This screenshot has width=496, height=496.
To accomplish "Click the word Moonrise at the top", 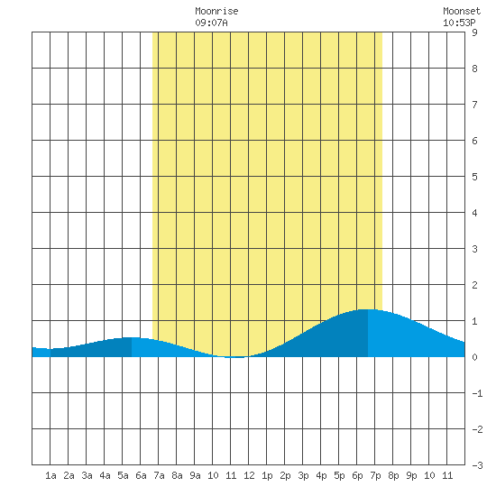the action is point(216,11).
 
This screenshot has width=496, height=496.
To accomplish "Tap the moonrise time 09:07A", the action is point(211,23).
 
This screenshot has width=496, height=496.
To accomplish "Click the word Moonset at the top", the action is point(462,11).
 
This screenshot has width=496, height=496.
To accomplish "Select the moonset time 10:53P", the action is point(459,23).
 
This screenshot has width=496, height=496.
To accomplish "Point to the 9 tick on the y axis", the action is point(474,32).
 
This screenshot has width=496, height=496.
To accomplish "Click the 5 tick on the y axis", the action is point(474,177).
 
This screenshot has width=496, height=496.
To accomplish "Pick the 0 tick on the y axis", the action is point(474,357).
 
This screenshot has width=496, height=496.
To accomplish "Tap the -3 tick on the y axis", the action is point(477,465).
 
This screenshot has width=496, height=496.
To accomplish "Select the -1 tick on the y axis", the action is point(477,393).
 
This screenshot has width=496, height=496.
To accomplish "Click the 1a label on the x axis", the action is point(51,475).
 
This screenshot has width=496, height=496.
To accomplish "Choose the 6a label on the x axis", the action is point(141,475).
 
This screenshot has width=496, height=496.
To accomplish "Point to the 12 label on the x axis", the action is point(249,475).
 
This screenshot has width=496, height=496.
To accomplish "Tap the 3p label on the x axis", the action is point(303,475).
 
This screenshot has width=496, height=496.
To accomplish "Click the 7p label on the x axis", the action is point(375,475).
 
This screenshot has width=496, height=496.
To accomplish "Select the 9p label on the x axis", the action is point(411,475).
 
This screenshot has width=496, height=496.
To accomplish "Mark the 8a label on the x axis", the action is point(177,475).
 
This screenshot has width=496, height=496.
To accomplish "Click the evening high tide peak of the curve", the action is point(368,309).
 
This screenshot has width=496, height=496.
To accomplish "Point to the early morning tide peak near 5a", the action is point(132,338).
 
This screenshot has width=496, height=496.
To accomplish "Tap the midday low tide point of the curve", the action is point(237,357).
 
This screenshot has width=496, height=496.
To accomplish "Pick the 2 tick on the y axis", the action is point(474,285).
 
